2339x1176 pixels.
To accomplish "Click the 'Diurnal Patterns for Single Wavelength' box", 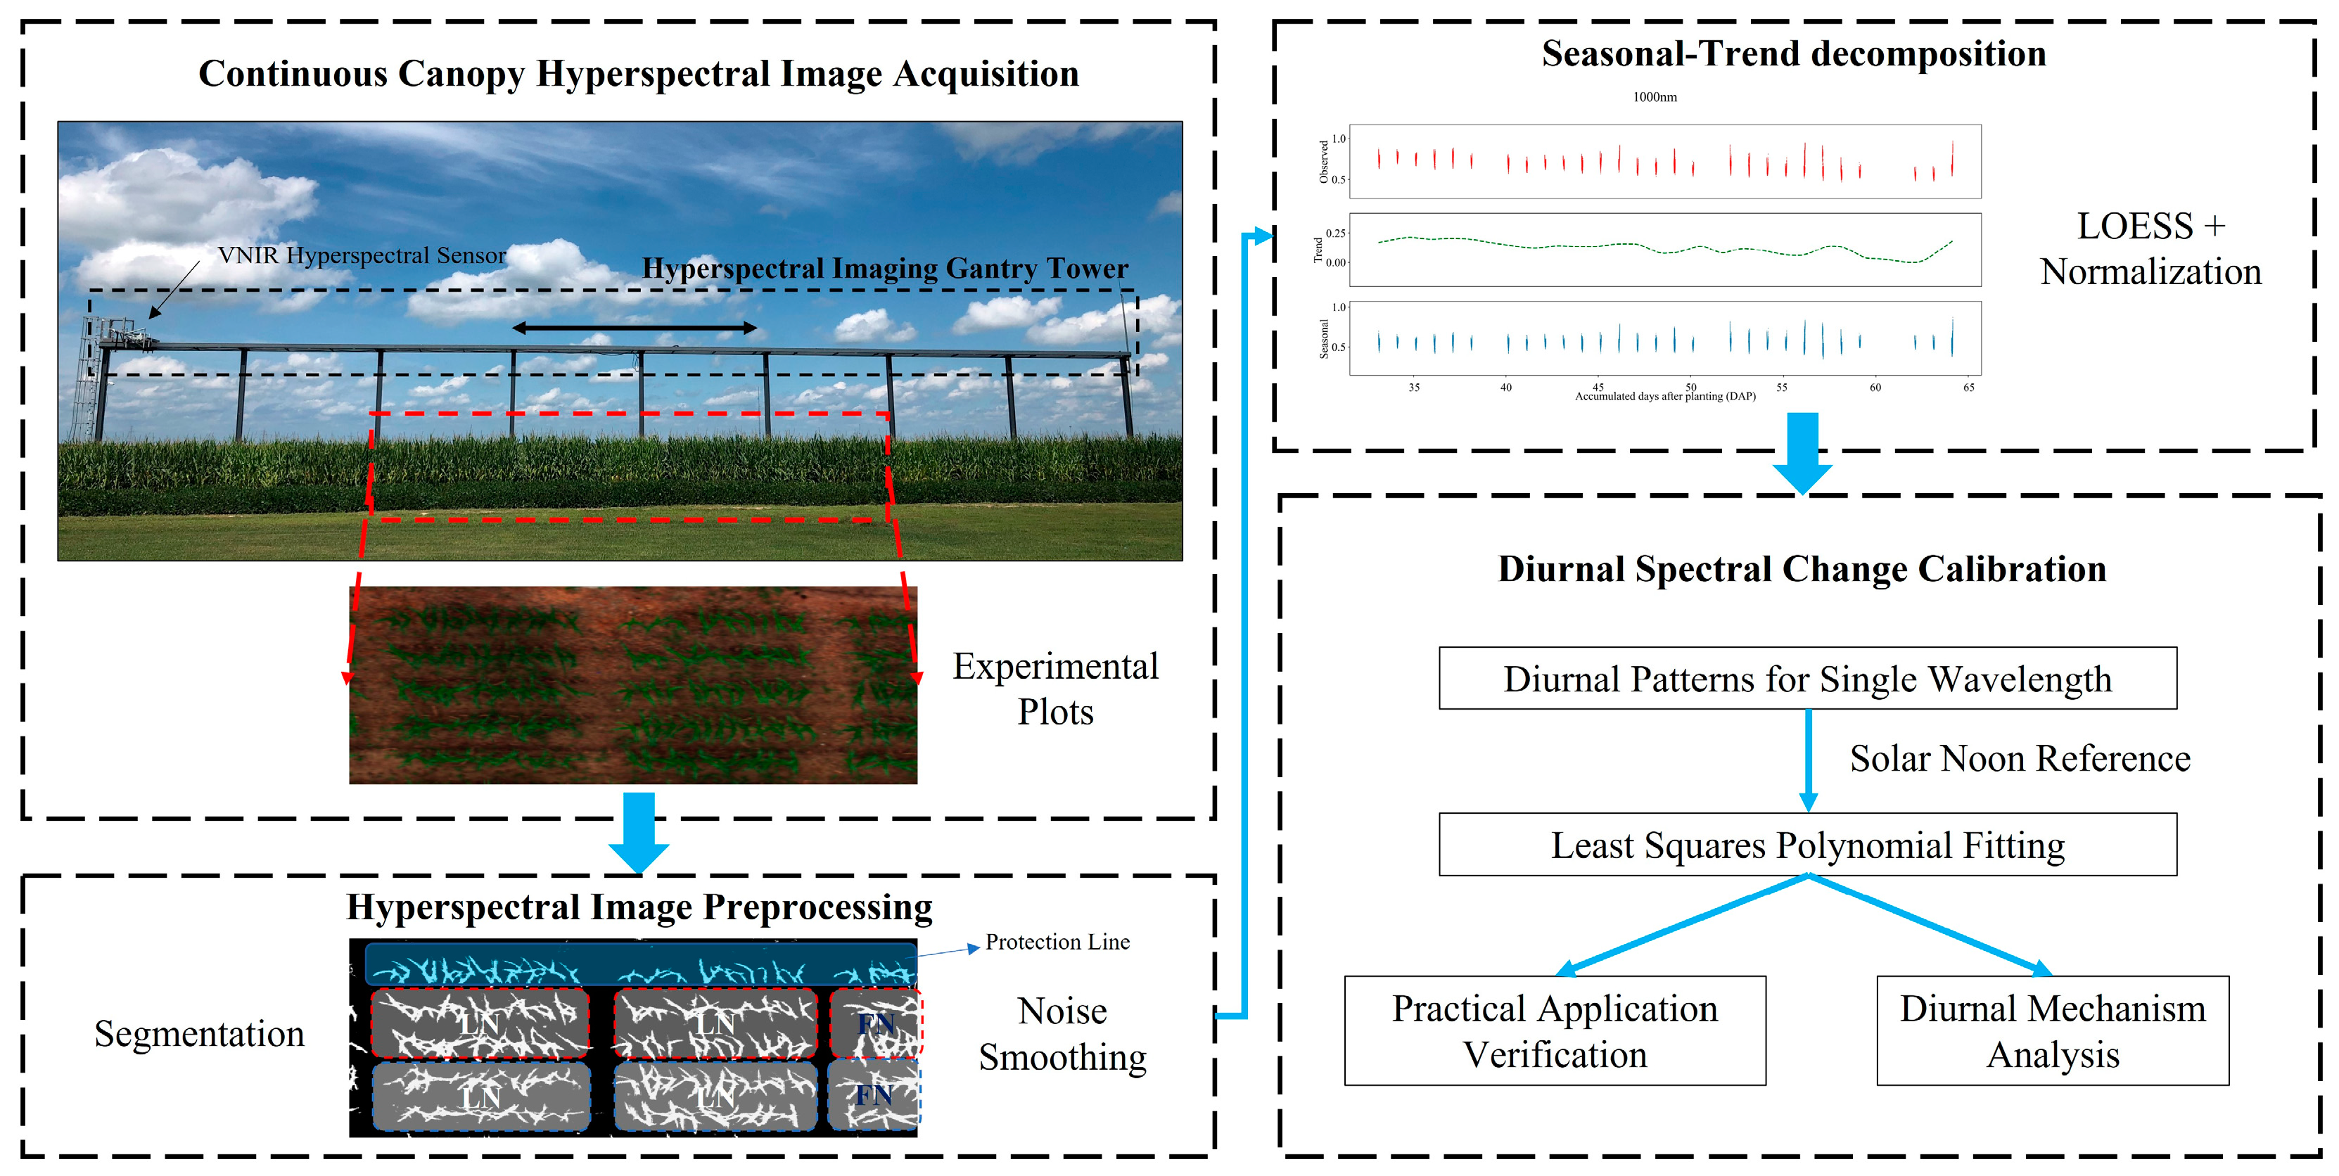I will [x=1807, y=678].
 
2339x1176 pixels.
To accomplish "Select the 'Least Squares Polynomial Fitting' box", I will [x=1807, y=845].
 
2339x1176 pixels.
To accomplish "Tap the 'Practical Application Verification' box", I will [x=1555, y=1030].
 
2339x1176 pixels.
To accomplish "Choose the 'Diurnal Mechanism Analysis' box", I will [x=2052, y=1030].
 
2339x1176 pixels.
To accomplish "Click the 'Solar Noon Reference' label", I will [x=2020, y=758].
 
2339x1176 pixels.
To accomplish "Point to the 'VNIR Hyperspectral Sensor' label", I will [x=362, y=255].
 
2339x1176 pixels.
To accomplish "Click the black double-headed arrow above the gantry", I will [x=634, y=328].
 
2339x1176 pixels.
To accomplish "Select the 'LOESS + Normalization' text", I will [x=2150, y=249].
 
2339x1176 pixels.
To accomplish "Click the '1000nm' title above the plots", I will [x=1655, y=97].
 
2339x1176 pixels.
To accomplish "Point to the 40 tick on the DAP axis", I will [x=1505, y=388].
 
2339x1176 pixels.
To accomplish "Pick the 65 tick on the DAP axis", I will [x=1968, y=388].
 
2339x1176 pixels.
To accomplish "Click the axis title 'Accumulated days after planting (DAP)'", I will [x=1664, y=397].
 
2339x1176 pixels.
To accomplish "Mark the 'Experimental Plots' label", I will [x=1055, y=689].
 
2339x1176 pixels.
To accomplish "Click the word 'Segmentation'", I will [x=199, y=1033].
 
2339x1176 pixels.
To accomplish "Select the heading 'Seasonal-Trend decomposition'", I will [x=1793, y=53].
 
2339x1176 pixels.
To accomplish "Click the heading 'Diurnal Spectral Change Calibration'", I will [x=1802, y=568].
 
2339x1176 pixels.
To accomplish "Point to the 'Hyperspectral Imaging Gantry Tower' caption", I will [x=884, y=269].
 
